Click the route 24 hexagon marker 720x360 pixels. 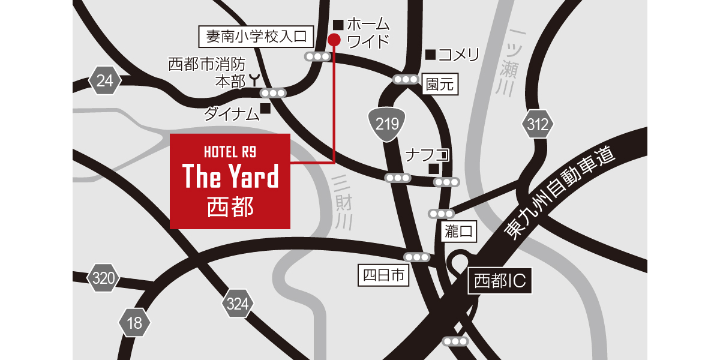pos(105,81)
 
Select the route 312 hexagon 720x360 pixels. pos(537,125)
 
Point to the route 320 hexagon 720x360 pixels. pos(104,278)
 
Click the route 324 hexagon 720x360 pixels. pos(238,305)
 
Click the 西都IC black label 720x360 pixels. pos(500,281)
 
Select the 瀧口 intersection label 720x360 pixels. pos(460,231)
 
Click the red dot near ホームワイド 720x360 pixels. pos(334,40)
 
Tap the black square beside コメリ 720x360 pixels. pos(430,55)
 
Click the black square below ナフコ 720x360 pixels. pos(434,169)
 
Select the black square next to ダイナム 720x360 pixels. pos(265,109)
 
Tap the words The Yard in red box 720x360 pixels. pos(230,177)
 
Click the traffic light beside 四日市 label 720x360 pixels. pos(417,257)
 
